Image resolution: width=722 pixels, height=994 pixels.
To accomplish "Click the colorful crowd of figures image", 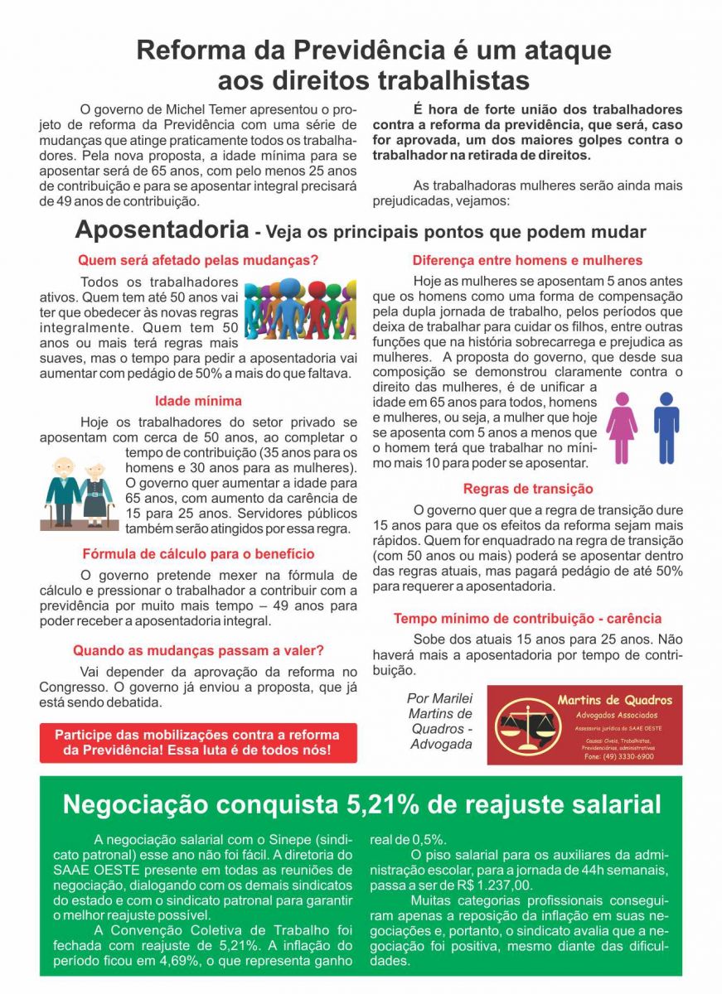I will pos(300,309).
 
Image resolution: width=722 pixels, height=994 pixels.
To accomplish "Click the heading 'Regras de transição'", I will pos(527,489).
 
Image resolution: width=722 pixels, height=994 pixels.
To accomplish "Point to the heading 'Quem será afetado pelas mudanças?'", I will pos(198,260).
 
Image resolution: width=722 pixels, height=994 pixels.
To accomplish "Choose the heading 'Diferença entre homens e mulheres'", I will pos(527,260).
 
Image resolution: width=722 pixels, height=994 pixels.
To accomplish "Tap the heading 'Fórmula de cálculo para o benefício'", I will pos(198,554).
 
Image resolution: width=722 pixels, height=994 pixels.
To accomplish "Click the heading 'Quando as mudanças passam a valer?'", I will pos(198,651).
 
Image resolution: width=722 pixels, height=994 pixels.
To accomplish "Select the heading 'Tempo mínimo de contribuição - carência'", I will pos(527,619).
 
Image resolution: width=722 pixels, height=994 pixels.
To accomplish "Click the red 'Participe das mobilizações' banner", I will pos(198,743).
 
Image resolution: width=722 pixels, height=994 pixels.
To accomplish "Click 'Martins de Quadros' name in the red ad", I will pos(615,700).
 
